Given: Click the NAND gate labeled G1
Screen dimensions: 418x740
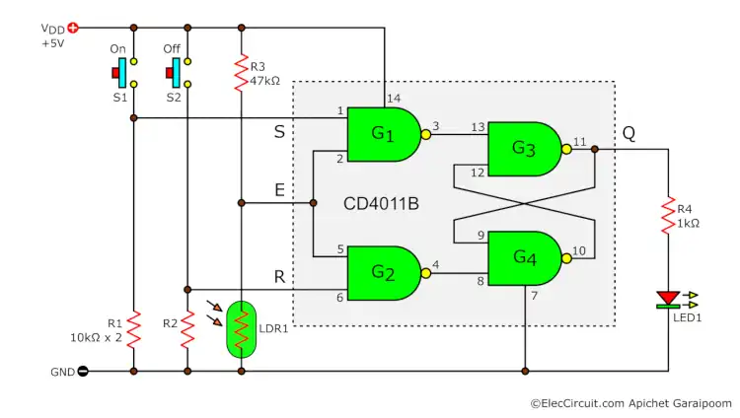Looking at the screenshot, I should [x=383, y=133].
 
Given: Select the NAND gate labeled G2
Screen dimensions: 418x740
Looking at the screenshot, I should [x=383, y=273].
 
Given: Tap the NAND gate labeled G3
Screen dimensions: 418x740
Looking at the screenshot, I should [x=523, y=149].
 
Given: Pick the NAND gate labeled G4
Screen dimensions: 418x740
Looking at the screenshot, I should [x=523, y=258].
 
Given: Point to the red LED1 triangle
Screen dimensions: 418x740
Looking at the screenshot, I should [x=668, y=297].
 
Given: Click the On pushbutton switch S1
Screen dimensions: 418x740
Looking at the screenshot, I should [x=124, y=72].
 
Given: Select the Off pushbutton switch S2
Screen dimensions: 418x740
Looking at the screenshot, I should [x=178, y=72].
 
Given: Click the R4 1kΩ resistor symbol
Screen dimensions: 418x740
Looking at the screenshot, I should [x=668, y=217].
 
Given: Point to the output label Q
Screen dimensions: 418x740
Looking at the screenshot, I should [x=629, y=133].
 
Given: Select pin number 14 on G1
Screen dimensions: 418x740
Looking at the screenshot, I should [x=396, y=98].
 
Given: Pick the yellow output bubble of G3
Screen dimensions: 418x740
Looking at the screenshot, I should [x=567, y=150].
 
